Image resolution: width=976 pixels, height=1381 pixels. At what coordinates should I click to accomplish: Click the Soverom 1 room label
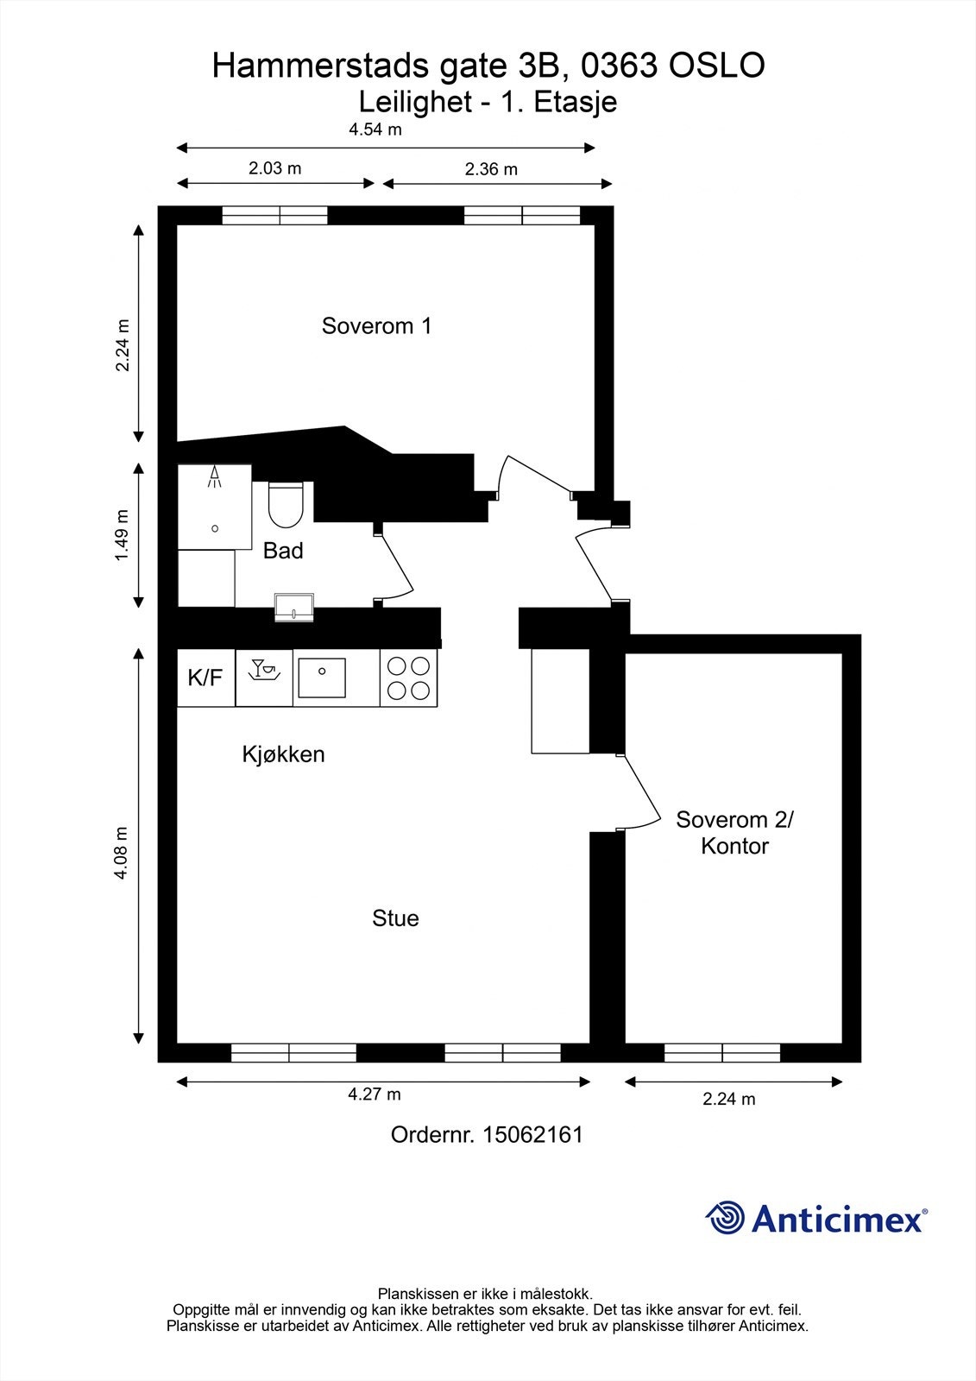[x=376, y=325]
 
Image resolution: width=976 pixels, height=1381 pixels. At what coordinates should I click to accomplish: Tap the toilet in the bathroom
[x=287, y=504]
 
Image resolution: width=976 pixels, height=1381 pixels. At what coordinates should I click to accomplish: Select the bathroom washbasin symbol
[x=294, y=608]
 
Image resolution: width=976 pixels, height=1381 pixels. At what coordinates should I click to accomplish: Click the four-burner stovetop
[x=408, y=678]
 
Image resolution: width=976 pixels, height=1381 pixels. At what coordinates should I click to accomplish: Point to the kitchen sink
[x=322, y=678]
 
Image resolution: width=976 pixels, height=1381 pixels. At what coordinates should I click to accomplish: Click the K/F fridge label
[x=205, y=678]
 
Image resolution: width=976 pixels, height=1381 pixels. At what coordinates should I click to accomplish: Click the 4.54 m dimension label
[x=375, y=129]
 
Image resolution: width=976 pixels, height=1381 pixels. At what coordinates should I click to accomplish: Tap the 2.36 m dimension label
[x=491, y=169]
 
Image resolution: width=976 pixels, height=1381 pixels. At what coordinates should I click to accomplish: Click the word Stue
[x=395, y=918]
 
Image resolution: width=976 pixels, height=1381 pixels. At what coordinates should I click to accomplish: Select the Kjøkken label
[x=283, y=754]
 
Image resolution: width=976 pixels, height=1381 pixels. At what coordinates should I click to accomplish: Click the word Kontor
[x=734, y=846]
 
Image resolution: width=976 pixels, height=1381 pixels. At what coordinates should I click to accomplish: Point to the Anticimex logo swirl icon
[x=725, y=1218]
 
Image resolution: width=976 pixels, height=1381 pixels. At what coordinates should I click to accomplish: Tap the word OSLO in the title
[x=717, y=66]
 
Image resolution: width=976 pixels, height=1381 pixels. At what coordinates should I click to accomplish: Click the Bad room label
[x=283, y=551]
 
